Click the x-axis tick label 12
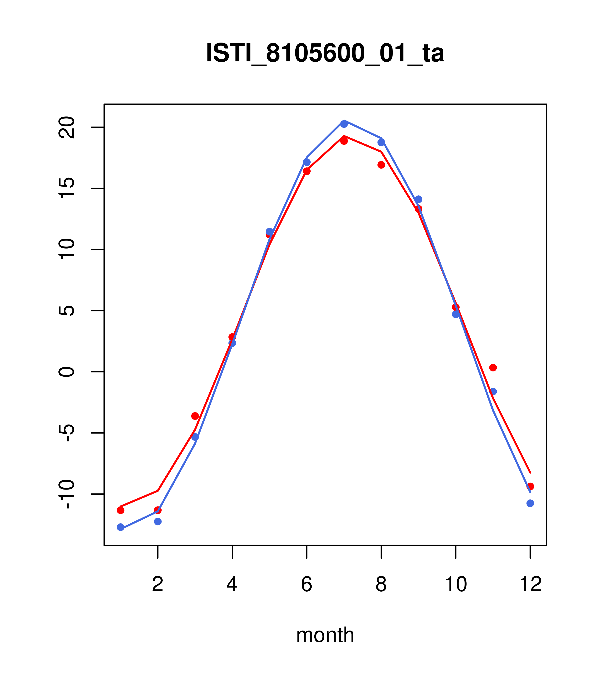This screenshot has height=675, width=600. (530, 585)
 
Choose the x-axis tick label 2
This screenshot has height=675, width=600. (158, 585)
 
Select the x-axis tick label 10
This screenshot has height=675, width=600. (456, 585)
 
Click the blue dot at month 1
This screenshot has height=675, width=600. (120, 527)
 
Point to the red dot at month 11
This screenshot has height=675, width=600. (493, 368)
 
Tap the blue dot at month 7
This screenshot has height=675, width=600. (344, 124)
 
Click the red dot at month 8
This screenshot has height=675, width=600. (381, 165)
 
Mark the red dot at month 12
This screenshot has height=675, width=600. (530, 486)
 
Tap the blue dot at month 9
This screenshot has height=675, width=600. (418, 199)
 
